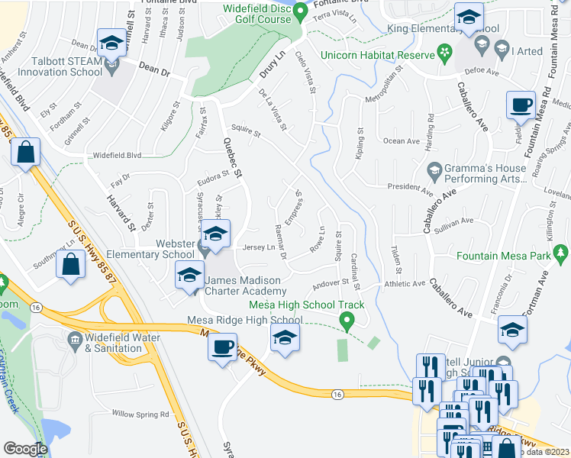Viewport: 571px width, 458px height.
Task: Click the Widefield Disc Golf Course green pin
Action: coord(301,12)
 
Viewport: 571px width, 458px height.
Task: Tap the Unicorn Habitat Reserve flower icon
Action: coord(443,53)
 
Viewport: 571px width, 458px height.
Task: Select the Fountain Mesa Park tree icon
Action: coord(561,253)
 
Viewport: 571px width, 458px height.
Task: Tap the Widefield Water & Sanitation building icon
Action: coord(75,338)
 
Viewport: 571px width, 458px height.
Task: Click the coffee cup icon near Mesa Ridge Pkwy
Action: coord(223,347)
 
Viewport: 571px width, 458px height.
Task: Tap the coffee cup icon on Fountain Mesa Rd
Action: coord(522,105)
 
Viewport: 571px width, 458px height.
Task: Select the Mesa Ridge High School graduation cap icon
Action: coord(284,337)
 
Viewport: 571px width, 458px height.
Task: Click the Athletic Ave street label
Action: coord(403,283)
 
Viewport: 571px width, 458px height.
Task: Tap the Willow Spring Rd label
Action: coord(140,414)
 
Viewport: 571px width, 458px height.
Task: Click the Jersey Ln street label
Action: coord(259,247)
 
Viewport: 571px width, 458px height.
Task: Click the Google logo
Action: coord(25,449)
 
